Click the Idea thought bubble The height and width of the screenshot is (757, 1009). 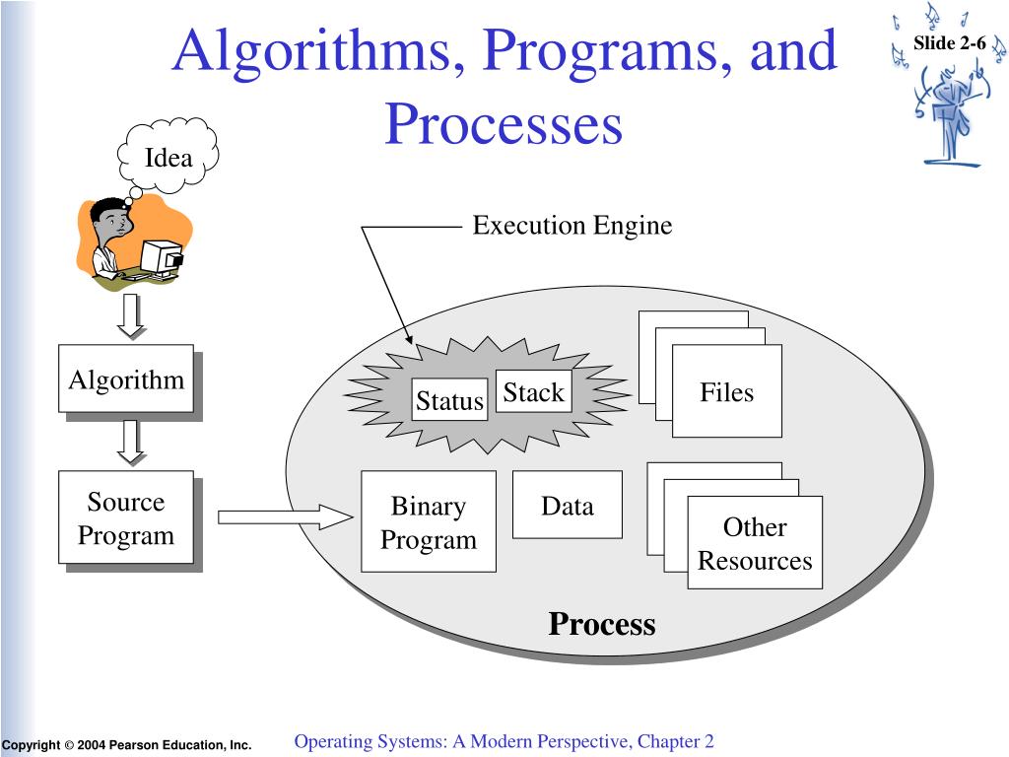pyautogui.click(x=168, y=157)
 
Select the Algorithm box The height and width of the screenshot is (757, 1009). pyautogui.click(x=125, y=379)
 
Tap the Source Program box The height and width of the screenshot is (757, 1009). pyautogui.click(x=125, y=518)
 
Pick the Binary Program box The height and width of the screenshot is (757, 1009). pyautogui.click(x=428, y=522)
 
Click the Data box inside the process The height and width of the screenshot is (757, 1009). pyautogui.click(x=568, y=506)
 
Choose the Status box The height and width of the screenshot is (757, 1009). pyautogui.click(x=449, y=400)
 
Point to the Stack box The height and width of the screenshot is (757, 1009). pyautogui.click(x=533, y=392)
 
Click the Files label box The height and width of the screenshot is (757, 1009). pyautogui.click(x=727, y=392)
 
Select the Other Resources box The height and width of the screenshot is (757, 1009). pyautogui.click(x=755, y=543)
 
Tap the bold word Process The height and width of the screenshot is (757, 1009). pyautogui.click(x=602, y=624)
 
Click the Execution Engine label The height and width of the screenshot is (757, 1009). pyautogui.click(x=572, y=226)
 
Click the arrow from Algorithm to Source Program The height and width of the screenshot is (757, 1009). pyautogui.click(x=130, y=442)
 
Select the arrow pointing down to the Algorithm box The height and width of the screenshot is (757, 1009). pyautogui.click(x=130, y=314)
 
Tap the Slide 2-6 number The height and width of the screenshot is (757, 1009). pyautogui.click(x=949, y=42)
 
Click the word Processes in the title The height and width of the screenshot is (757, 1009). pyautogui.click(x=504, y=125)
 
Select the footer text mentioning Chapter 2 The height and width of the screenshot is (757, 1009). pyautogui.click(x=504, y=741)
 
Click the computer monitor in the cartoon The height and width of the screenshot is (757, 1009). pyautogui.click(x=162, y=258)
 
